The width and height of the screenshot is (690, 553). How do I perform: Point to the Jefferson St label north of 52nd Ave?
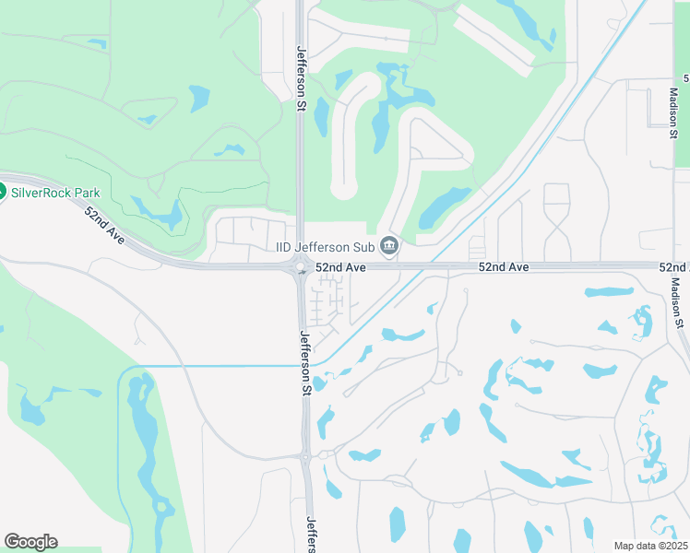[x=301, y=79]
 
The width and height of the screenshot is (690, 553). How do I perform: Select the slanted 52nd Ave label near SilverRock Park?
[x=103, y=224]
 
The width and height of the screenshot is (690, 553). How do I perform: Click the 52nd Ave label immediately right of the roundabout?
[x=341, y=266]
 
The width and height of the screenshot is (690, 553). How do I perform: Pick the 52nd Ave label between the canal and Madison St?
[x=504, y=266]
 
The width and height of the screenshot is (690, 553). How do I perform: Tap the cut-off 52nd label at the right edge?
[x=673, y=266]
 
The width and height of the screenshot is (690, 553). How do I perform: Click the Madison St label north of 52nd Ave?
[x=674, y=113]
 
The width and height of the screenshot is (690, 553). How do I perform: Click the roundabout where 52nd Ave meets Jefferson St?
[x=301, y=268]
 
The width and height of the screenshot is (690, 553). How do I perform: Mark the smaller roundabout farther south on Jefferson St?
[x=304, y=456]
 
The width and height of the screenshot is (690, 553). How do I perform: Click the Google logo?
[x=30, y=542]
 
